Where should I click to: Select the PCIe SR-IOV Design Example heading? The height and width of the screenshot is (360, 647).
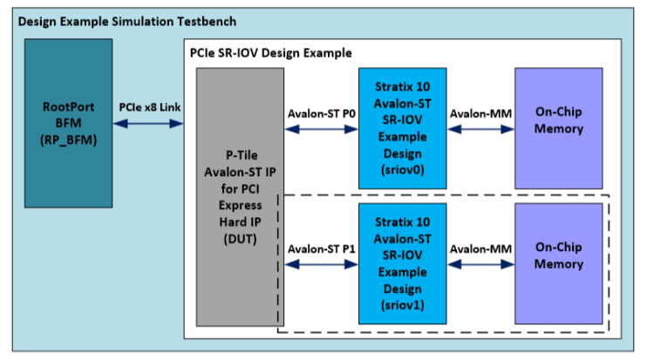pos(270,53)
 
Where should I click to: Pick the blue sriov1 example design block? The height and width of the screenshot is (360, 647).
pos(402,265)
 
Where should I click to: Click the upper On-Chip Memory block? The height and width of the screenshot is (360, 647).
pos(558,122)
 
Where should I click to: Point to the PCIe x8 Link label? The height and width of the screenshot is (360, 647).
pos(150,106)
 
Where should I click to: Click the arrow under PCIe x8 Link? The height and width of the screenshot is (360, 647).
pos(150,125)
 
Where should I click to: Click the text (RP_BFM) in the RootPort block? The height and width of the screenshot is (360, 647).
pos(68,139)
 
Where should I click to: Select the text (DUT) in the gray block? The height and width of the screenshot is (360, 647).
pos(240,239)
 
